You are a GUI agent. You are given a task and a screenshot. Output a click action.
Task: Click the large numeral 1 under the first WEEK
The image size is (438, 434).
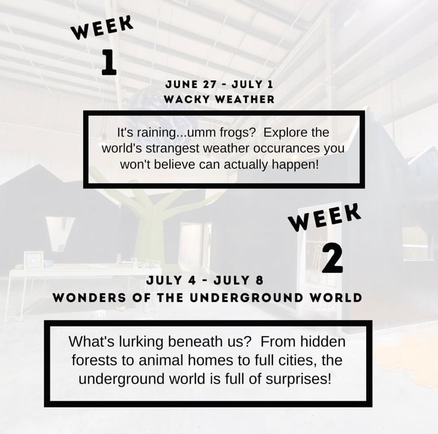click(109, 62)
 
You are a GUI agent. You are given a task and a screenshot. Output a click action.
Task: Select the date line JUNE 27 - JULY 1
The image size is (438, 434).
click(219, 84)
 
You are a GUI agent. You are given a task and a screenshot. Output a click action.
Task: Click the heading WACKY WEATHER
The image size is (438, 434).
click(219, 99)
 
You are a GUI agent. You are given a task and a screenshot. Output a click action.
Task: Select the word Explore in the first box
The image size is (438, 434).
click(284, 133)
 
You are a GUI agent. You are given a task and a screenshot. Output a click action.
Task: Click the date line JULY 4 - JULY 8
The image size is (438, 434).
click(205, 280)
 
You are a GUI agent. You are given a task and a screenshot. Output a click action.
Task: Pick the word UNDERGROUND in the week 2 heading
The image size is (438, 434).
click(246, 298)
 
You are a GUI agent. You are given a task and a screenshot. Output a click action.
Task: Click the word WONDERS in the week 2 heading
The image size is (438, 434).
click(90, 298)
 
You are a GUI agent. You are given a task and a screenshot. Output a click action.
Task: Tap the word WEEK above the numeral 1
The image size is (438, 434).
click(102, 27)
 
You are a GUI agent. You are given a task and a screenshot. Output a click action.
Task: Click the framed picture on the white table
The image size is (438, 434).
click(33, 260)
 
